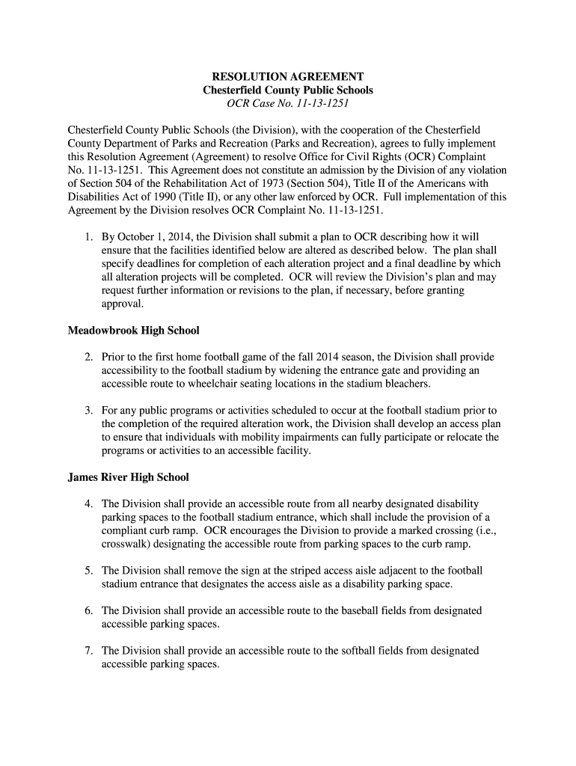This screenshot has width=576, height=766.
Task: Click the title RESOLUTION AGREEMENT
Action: [288, 77]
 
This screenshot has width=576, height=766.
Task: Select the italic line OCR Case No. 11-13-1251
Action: [288, 103]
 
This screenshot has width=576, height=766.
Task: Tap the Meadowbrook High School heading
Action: [133, 330]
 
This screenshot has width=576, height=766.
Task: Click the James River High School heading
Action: [128, 477]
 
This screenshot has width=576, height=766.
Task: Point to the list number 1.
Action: [88, 237]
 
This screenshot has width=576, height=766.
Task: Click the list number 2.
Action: [88, 358]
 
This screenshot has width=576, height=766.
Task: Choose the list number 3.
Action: [88, 411]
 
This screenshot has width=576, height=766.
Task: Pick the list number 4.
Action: [88, 504]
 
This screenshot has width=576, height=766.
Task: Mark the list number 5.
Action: [88, 571]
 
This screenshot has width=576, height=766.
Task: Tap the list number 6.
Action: [88, 611]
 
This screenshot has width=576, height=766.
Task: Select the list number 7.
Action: [88, 651]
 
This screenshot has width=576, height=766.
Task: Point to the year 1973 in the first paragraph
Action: [264, 183]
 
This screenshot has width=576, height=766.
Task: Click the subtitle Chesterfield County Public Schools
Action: [288, 90]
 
